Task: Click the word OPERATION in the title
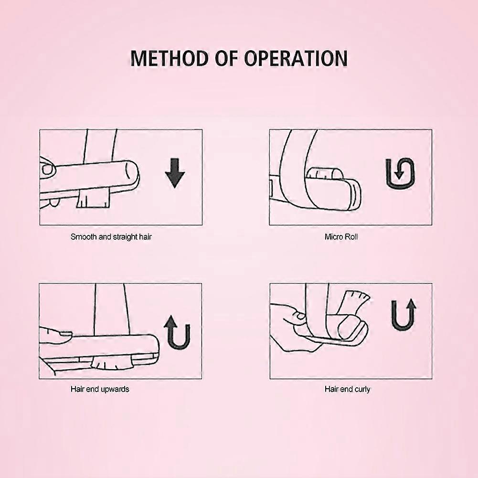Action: tap(296, 58)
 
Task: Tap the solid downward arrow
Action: tap(175, 172)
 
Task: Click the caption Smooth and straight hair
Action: tap(111, 237)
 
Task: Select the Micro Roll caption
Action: tap(341, 237)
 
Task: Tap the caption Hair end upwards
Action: tap(100, 389)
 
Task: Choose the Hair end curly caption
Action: tap(347, 389)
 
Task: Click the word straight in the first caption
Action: tap(125, 237)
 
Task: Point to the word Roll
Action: tap(351, 237)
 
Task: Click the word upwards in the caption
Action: tap(114, 389)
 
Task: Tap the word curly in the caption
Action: tap(362, 389)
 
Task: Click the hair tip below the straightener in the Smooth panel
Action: tap(93, 198)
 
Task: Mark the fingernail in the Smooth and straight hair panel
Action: tap(47, 170)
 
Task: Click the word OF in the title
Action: tap(226, 58)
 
